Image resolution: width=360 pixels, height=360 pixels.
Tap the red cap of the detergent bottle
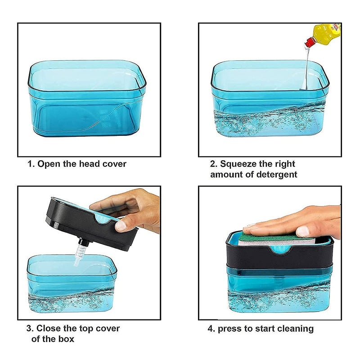click(310, 43)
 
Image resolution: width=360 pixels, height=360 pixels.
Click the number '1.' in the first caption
click(31, 164)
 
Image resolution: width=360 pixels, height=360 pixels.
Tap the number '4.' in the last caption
click(211, 328)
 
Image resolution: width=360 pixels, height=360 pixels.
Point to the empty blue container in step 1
click(87, 99)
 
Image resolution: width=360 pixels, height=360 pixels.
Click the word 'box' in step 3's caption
click(66, 339)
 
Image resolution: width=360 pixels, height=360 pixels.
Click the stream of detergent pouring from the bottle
click(306, 67)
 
